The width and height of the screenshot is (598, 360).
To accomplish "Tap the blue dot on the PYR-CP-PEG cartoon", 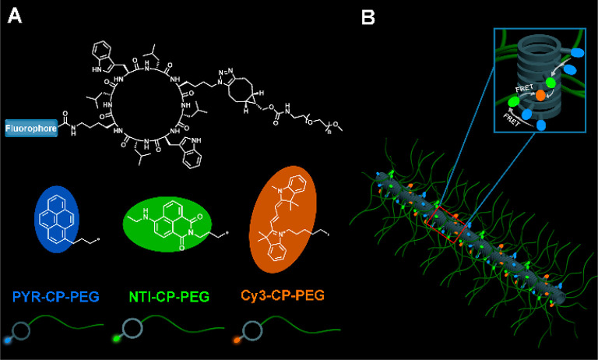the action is click(x=9, y=341).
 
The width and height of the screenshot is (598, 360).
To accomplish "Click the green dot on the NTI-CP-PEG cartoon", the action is click(x=118, y=341).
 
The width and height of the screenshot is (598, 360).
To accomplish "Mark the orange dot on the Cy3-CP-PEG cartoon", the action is click(x=236, y=341).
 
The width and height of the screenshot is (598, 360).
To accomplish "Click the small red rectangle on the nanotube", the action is click(x=447, y=222).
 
